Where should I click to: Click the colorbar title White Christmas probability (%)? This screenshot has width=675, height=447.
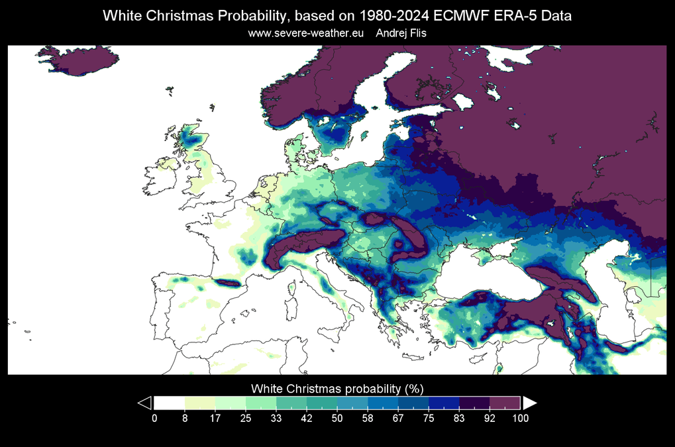[x=337, y=387]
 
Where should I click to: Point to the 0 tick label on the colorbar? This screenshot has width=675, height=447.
[x=154, y=418]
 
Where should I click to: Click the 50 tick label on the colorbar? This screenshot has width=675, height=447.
[x=337, y=418]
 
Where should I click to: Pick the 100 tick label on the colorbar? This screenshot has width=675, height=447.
[x=520, y=418]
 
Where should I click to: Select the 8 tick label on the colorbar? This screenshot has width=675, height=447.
[x=185, y=418]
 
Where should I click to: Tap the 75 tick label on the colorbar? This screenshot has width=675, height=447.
[x=429, y=418]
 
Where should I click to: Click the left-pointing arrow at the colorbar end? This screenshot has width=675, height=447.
[x=144, y=403]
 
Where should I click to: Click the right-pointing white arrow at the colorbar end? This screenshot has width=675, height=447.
[x=530, y=403]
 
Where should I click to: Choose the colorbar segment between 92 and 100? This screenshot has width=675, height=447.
[x=505, y=403]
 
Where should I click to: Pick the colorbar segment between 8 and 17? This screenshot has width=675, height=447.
[x=200, y=403]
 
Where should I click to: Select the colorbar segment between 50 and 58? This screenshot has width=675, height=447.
[x=352, y=403]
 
